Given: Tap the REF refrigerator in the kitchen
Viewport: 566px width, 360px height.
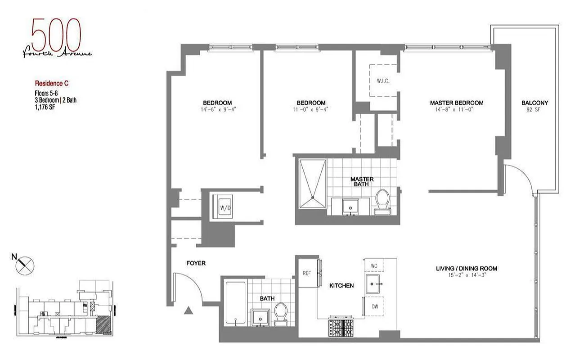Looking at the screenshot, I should tap(306, 273).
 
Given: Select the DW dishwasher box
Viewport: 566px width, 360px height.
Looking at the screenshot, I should tap(374, 306).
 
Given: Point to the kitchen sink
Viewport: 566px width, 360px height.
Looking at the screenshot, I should tap(374, 284).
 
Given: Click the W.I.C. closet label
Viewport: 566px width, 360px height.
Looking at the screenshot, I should tap(383, 81).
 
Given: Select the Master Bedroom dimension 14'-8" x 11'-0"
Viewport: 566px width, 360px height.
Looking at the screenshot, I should tap(456, 109).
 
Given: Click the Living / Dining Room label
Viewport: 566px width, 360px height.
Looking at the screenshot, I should tap(466, 269).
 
